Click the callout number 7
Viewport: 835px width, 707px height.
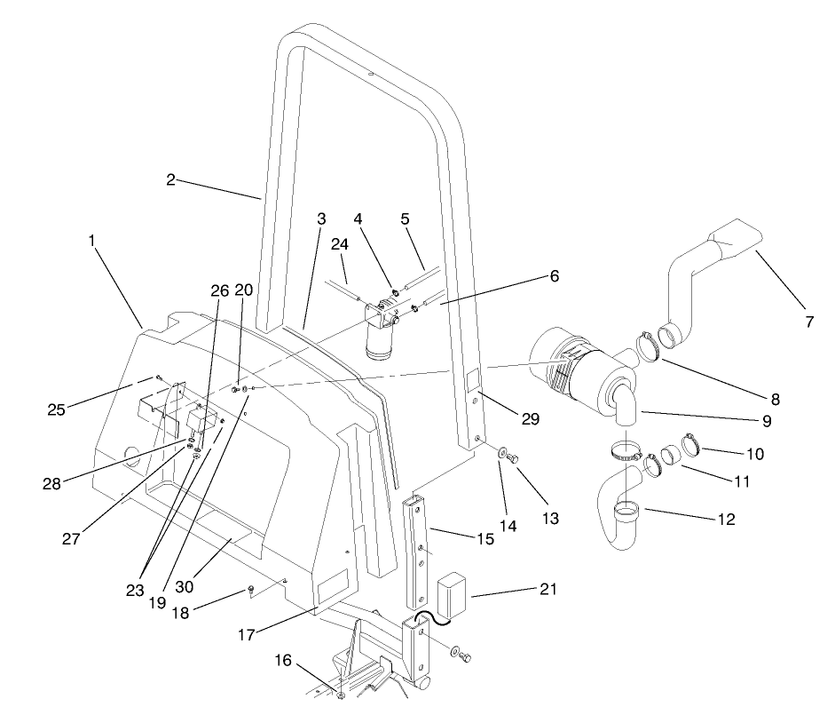click(809, 322)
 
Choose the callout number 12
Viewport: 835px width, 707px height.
click(726, 519)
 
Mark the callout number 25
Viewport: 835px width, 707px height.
click(58, 409)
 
